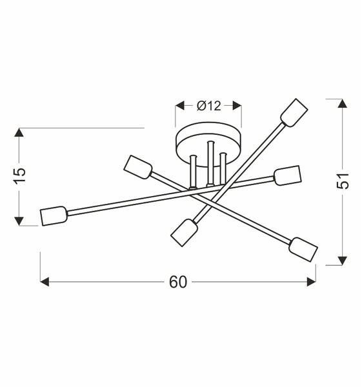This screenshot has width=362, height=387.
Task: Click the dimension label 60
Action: point(178,282)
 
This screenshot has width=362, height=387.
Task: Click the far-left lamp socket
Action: point(54,215)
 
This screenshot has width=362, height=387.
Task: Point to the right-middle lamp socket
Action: point(288,175)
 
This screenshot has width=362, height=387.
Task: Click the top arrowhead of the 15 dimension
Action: point(20,133)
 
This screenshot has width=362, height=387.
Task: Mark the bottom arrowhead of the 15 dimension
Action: point(20,221)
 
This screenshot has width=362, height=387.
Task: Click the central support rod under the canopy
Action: point(208,164)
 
